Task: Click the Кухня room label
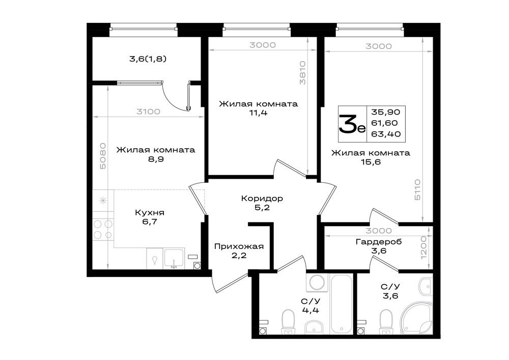150,213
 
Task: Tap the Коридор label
262,198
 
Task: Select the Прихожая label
239,246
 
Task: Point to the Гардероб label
379,242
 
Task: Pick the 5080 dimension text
103,156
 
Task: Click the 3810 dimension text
302,73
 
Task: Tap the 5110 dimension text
417,189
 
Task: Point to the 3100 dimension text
148,112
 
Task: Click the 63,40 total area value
386,134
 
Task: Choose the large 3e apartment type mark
352,124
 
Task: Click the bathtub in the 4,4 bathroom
342,304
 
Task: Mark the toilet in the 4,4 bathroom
287,321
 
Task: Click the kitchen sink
174,259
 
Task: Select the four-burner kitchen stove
103,229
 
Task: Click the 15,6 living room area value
371,161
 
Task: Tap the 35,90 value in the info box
386,112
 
